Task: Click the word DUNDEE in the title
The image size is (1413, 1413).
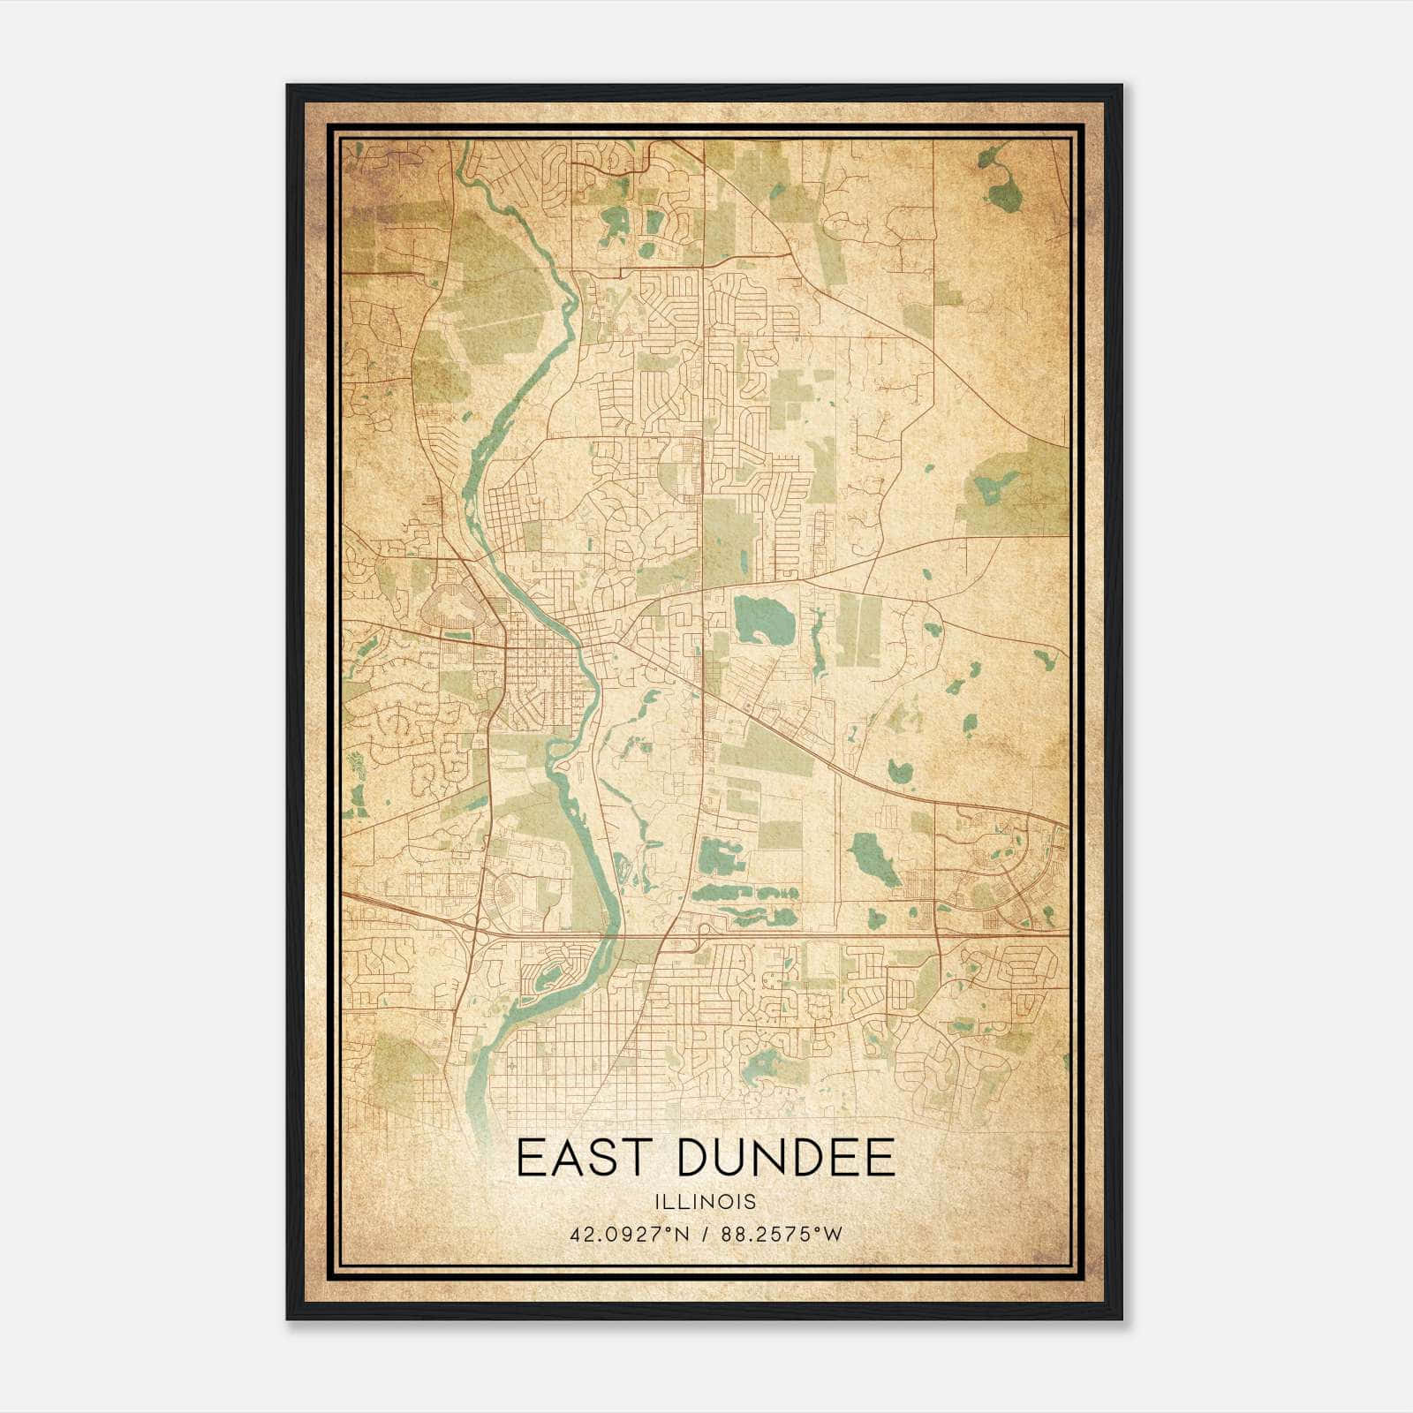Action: (x=785, y=1158)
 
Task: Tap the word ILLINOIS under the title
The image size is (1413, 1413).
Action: (x=705, y=1202)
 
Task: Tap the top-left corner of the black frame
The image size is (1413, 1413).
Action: (x=289, y=87)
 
